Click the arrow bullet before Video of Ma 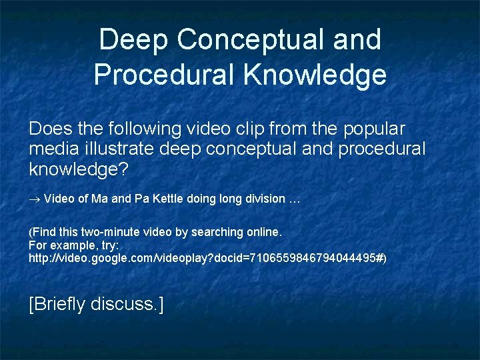tap(35, 199)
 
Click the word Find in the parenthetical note tap(44, 233)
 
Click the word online tap(265, 233)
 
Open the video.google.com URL tap(207, 257)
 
